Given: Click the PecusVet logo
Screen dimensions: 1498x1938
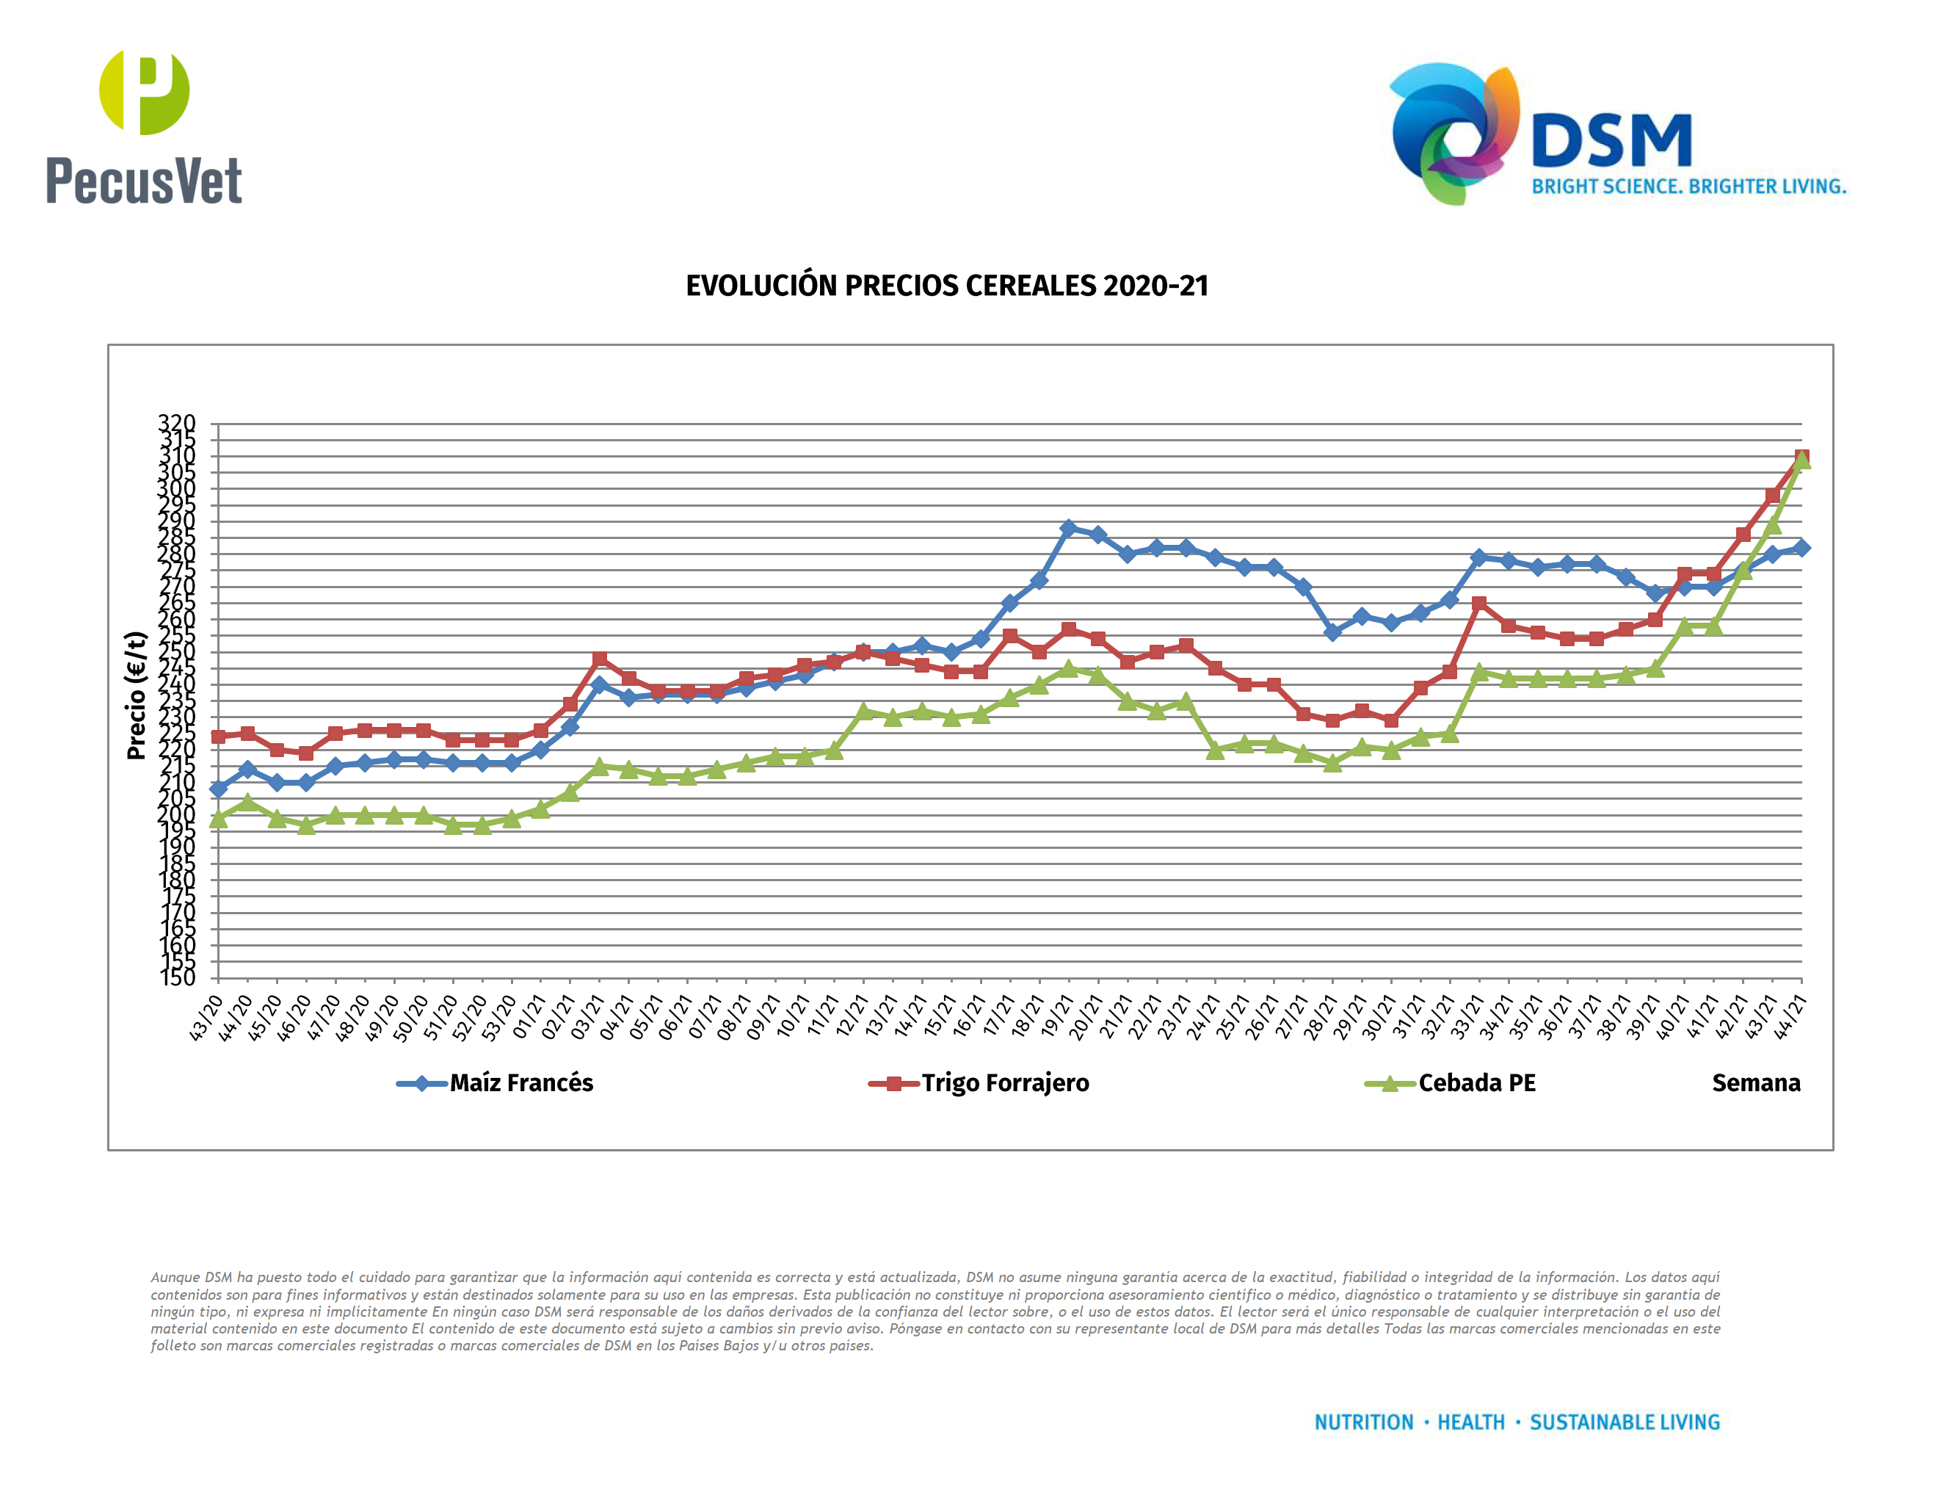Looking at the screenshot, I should pos(144,127).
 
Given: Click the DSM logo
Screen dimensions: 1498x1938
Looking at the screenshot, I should pos(1615,135).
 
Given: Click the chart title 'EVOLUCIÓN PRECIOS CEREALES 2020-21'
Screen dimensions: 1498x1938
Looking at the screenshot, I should pos(947,286).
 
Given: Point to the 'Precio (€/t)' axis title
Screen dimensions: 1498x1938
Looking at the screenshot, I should pos(135,695).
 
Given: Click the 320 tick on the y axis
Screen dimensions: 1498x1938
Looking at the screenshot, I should pos(177,423).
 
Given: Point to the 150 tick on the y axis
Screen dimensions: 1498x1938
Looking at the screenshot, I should pos(177,978).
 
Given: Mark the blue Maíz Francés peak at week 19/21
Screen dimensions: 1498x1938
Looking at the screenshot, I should pos(1068,528).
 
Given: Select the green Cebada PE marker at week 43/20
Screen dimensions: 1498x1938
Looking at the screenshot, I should pos(218,819).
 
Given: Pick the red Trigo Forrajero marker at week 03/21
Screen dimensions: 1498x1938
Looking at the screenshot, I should pos(600,659).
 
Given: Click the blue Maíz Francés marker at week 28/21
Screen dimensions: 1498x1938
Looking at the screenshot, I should pos(1332,632).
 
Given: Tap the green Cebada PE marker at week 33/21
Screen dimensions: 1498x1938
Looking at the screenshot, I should pos(1479,672).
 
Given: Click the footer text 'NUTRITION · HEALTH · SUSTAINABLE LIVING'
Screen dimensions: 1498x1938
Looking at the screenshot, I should pos(1517,1422).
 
